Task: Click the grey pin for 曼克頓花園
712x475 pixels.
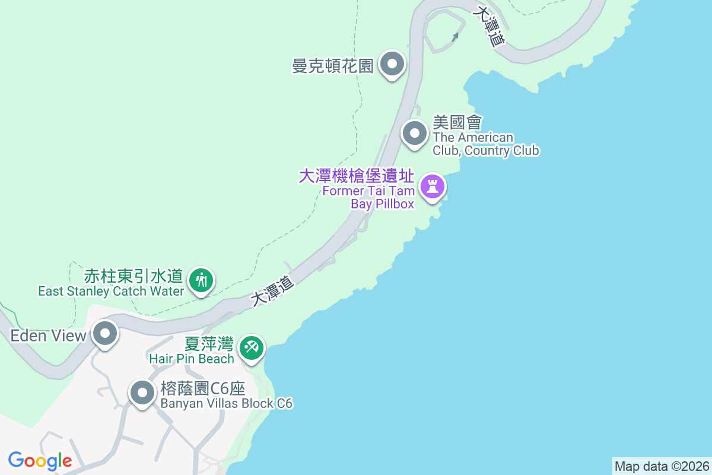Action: click(x=392, y=64)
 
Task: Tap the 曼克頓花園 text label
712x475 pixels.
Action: click(x=333, y=65)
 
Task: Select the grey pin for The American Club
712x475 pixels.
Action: click(x=414, y=134)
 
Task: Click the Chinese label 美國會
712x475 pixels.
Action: click(x=457, y=123)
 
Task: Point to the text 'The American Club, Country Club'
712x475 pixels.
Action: click(x=485, y=144)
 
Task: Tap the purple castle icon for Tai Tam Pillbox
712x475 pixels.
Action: click(x=433, y=187)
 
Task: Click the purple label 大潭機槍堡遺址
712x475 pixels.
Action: click(x=356, y=176)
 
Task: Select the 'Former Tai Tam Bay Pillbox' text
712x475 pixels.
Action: click(x=368, y=197)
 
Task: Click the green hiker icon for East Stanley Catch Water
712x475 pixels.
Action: click(x=202, y=279)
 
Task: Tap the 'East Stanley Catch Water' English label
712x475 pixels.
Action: click(x=111, y=292)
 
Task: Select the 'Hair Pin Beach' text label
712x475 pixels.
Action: click(x=192, y=359)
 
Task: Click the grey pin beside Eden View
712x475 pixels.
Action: click(x=106, y=334)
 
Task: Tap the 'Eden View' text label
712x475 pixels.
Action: click(x=49, y=335)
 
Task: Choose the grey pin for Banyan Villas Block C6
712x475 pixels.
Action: click(x=142, y=392)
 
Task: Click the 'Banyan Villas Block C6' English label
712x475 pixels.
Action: click(x=227, y=404)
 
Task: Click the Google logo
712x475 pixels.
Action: click(x=40, y=460)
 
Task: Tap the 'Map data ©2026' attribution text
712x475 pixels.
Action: click(x=662, y=466)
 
